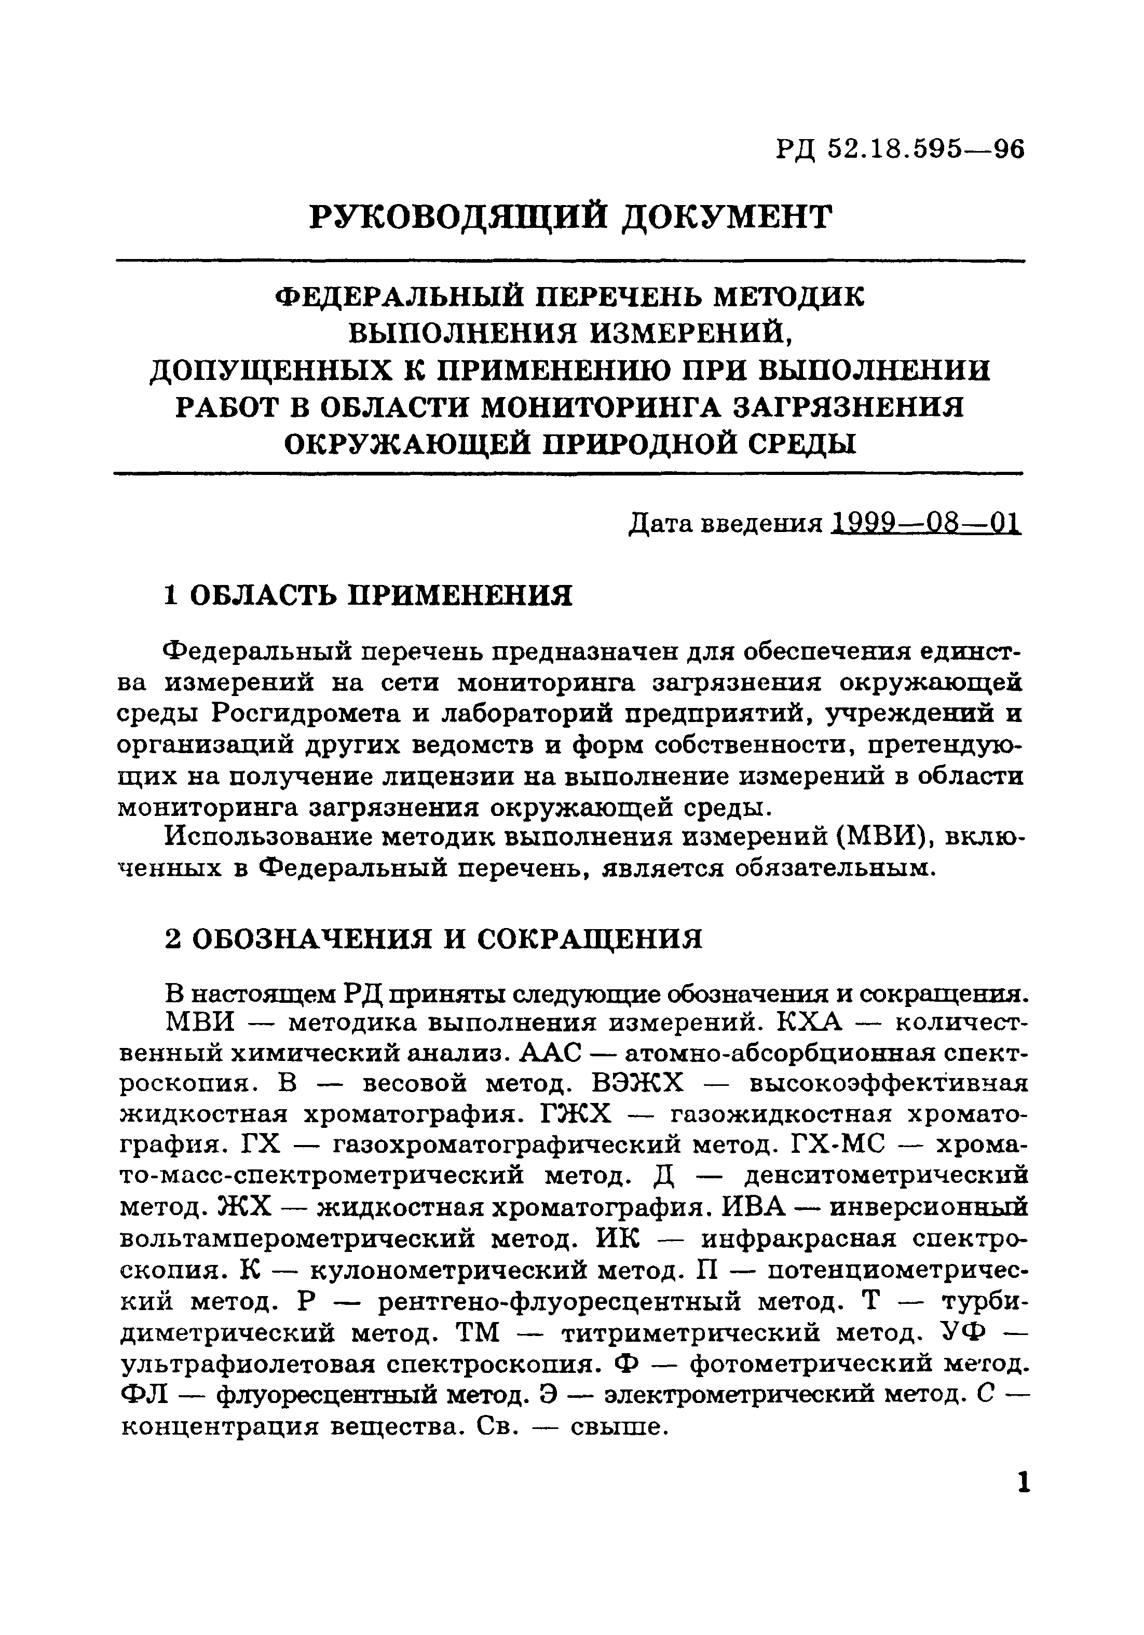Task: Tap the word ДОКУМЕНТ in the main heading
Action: [727, 216]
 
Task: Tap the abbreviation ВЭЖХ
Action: [637, 1084]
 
